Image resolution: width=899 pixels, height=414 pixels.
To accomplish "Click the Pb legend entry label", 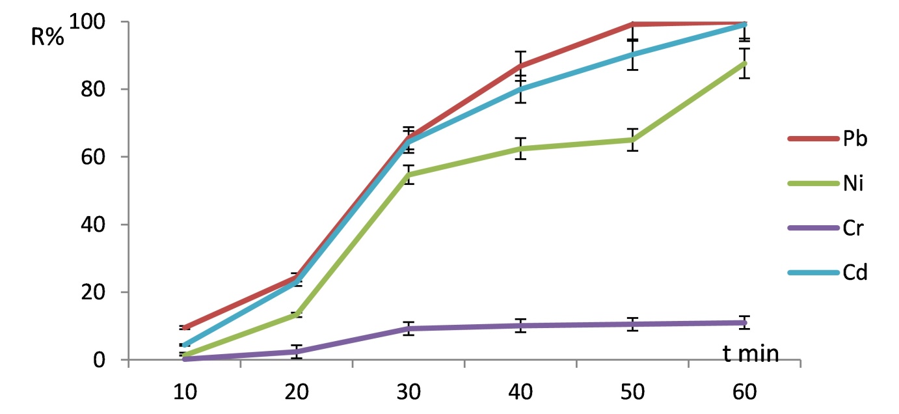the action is click(x=855, y=139).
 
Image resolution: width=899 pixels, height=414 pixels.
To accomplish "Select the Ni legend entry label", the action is click(x=853, y=183).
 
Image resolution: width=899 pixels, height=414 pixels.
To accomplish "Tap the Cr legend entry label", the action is click(x=853, y=228).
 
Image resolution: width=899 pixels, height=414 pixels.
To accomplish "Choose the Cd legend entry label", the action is click(x=855, y=273).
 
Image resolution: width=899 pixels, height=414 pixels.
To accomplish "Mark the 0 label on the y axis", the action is click(x=99, y=360).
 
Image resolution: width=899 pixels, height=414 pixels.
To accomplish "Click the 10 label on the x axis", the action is click(x=185, y=392).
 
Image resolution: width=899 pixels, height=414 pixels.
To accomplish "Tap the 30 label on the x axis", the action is click(x=409, y=392).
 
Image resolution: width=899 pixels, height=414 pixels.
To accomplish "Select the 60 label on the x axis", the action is click(x=744, y=392).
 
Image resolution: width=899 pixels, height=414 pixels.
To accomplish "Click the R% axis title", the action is click(x=47, y=37).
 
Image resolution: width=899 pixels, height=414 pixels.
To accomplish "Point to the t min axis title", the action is click(x=751, y=353).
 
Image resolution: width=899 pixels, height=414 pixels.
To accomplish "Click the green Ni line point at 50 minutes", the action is click(x=632, y=140).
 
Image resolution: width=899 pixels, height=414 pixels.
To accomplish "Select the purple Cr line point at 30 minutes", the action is click(x=409, y=329).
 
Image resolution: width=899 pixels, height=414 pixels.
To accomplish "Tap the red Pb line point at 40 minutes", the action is click(x=520, y=66).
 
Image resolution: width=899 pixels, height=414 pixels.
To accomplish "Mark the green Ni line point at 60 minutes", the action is click(x=744, y=63).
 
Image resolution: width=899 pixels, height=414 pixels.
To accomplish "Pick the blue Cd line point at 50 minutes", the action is click(x=632, y=54).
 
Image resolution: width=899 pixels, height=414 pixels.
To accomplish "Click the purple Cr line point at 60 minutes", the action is click(x=744, y=322).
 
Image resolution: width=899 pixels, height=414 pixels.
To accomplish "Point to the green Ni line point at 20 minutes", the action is click(x=297, y=315).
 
